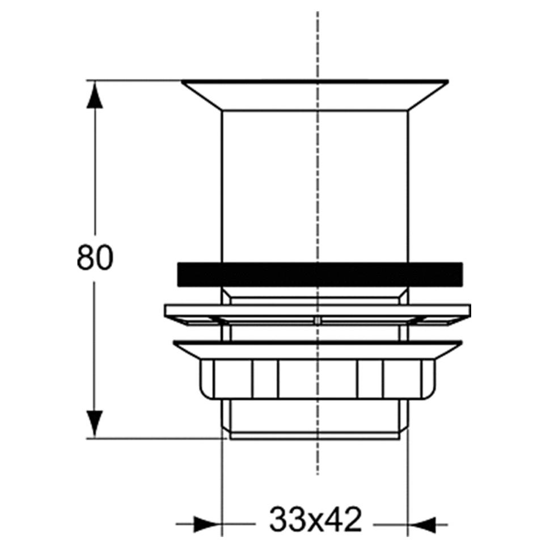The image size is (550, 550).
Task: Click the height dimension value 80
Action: pos(95,259)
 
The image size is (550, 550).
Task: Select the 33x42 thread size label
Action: pos(315,521)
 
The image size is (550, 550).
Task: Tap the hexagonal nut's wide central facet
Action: pos(318,379)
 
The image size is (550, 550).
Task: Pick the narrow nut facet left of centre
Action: pos(265,379)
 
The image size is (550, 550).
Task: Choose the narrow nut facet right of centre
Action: pos(370,379)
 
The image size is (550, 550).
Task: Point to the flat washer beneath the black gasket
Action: pos(318,311)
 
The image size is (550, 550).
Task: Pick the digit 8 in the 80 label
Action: pos(86,259)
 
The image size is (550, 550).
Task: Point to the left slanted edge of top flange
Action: pos(201,95)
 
